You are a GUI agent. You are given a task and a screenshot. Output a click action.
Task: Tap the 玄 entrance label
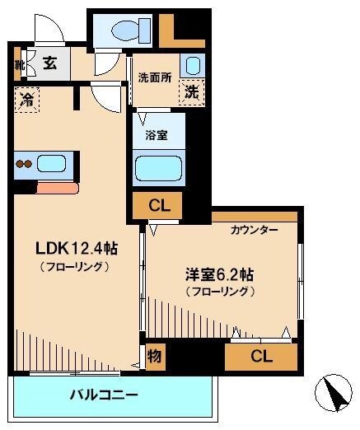coord(49,63)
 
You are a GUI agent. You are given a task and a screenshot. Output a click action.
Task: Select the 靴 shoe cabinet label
coord(18,63)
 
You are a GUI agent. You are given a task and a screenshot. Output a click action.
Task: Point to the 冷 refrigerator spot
coord(26,101)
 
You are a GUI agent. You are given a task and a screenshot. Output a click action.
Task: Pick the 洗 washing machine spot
coord(191,92)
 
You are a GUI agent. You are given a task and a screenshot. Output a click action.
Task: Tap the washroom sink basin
coord(193,66)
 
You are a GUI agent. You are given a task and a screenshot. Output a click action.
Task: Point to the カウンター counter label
coord(253,230)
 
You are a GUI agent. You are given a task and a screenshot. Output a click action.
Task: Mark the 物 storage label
coord(154,356)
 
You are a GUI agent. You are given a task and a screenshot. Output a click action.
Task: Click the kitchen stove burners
coord(24,163)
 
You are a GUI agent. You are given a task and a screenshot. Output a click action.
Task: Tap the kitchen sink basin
coord(56,162)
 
